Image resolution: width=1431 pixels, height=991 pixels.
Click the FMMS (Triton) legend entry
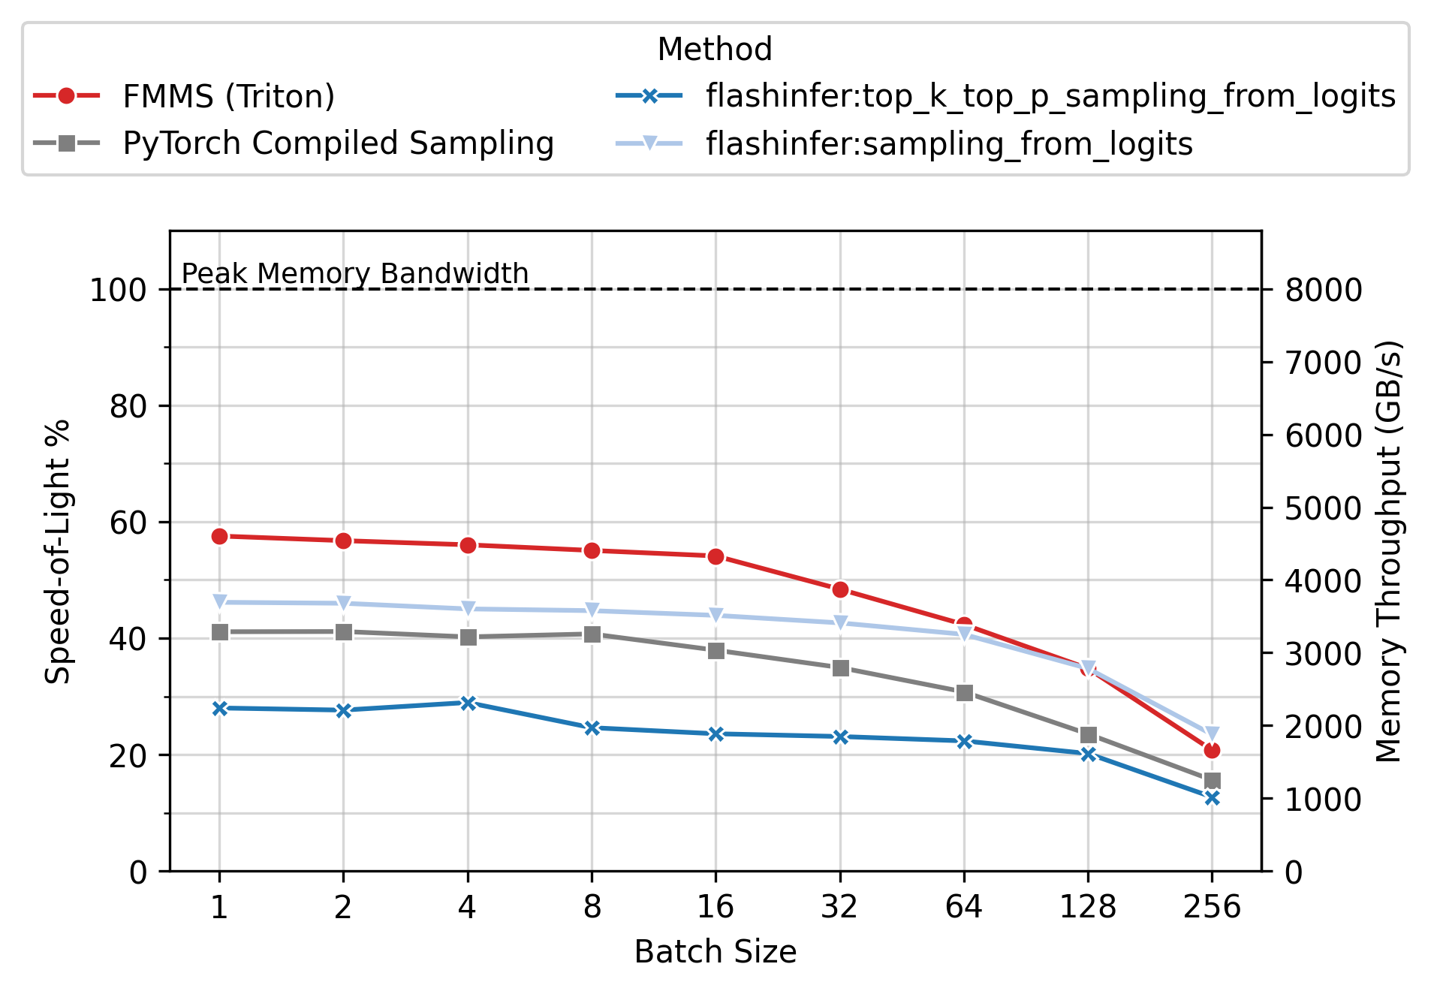click(x=228, y=96)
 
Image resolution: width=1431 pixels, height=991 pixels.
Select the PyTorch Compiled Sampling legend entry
click(x=338, y=143)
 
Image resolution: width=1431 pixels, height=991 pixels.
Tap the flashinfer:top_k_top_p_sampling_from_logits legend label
click(x=1050, y=96)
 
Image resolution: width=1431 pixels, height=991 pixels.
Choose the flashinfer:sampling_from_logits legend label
click(x=949, y=143)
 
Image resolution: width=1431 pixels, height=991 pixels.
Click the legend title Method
click(x=714, y=50)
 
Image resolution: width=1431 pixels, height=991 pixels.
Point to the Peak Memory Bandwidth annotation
click(x=355, y=273)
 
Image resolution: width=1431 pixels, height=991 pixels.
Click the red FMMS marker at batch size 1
click(x=219, y=536)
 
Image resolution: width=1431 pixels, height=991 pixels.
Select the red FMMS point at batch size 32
click(x=840, y=590)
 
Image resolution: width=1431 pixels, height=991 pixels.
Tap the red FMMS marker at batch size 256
click(x=1212, y=750)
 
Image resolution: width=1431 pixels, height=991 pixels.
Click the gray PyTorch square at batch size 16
click(x=716, y=650)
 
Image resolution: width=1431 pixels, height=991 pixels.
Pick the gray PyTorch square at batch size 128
click(x=1088, y=735)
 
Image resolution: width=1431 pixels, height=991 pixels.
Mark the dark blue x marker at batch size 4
click(x=468, y=703)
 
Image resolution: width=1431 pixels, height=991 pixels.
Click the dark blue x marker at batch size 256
click(x=1212, y=798)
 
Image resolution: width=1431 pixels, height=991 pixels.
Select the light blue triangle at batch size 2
click(x=343, y=603)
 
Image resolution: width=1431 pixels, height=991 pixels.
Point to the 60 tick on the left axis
click(x=128, y=523)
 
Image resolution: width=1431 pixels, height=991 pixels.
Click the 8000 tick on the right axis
click(x=1324, y=290)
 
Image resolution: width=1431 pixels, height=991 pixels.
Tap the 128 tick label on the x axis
click(x=1087, y=908)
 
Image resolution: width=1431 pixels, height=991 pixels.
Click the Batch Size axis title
click(x=715, y=952)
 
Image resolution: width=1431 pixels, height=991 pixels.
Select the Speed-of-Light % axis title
click(x=57, y=551)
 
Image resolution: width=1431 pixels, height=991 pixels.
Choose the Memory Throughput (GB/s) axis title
click(x=1388, y=551)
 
